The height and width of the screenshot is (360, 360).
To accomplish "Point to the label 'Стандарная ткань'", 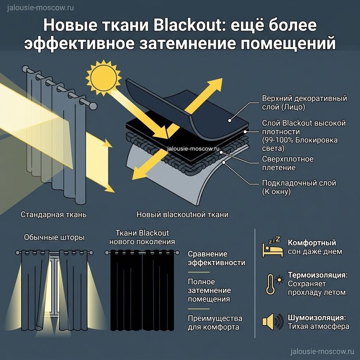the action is [53, 214].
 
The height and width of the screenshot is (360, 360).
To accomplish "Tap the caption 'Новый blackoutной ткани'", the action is [182, 214].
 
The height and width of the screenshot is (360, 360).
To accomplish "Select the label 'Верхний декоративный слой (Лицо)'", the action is [304, 103].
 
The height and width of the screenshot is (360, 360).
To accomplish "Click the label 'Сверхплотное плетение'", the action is [288, 163].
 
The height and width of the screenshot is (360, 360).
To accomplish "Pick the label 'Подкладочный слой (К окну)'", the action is [299, 187].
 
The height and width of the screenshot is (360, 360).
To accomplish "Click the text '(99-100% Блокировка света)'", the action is [300, 144].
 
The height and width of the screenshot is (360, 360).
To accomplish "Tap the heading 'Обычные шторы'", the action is [54, 237].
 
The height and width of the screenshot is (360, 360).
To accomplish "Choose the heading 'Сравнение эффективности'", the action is [217, 258].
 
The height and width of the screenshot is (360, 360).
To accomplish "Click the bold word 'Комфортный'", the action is [312, 243].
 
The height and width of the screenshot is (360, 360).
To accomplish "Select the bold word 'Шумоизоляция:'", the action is [317, 318].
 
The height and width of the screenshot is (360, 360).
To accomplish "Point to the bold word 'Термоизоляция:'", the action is [318, 275].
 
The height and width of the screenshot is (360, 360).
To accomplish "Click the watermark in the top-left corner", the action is [40, 8].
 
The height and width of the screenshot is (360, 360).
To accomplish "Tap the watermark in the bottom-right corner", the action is [322, 352].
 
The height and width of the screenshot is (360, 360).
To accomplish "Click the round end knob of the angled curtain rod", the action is [93, 106].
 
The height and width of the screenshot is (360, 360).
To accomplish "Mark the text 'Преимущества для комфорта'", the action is [215, 323].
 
